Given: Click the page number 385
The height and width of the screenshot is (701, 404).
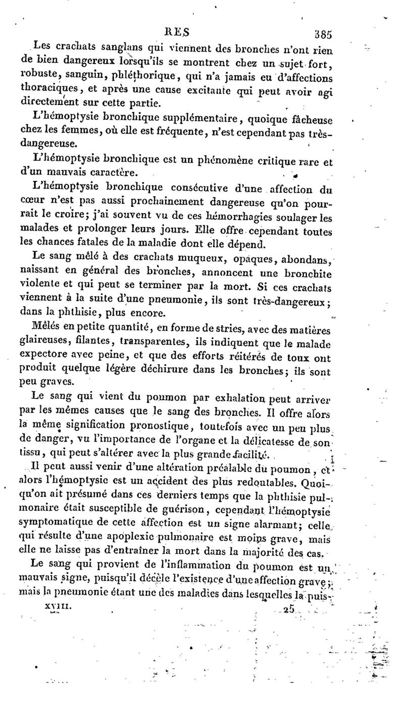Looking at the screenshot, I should [x=322, y=35].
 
